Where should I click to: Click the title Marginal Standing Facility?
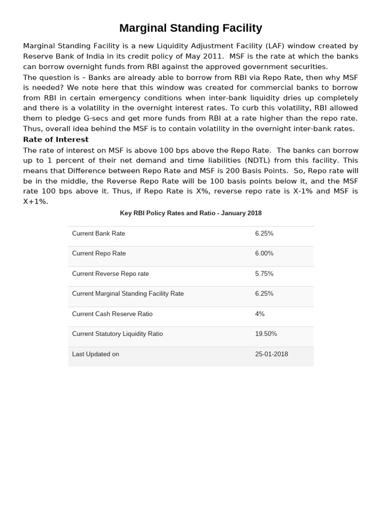pyautogui.click(x=191, y=28)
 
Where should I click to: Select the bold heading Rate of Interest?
pyautogui.click(x=56, y=140)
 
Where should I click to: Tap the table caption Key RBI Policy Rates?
pyautogui.click(x=191, y=213)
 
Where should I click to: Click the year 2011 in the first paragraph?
pyautogui.click(x=212, y=56)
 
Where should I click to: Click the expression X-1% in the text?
pyautogui.click(x=301, y=191)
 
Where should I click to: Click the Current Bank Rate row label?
pyautogui.click(x=98, y=234)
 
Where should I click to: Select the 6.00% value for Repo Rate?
pyautogui.click(x=264, y=254)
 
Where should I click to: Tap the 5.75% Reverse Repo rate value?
pyautogui.click(x=264, y=274)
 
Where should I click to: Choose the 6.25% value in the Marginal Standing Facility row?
pyautogui.click(x=264, y=294)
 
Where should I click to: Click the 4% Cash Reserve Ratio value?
pyautogui.click(x=260, y=314)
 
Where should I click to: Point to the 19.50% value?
pyautogui.click(x=266, y=334)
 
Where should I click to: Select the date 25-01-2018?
pyautogui.click(x=271, y=354)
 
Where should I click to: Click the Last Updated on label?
pyautogui.click(x=95, y=354)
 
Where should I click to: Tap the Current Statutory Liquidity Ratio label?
pyautogui.click(x=117, y=334)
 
